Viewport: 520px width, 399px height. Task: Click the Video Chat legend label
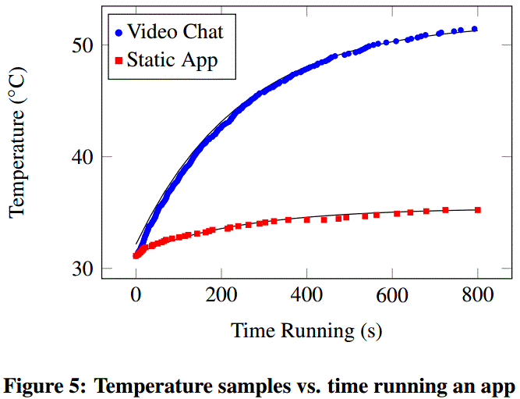pyautogui.click(x=175, y=31)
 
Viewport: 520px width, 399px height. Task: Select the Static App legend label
pyautogui.click(x=182, y=59)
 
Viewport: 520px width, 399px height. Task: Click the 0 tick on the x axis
pyautogui.click(x=136, y=295)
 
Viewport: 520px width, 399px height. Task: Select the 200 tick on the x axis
pyautogui.click(x=221, y=295)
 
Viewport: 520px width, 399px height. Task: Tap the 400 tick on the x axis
pyautogui.click(x=306, y=295)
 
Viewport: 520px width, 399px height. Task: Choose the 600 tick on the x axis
pyautogui.click(x=392, y=295)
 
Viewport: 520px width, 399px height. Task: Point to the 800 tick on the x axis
pyautogui.click(x=477, y=295)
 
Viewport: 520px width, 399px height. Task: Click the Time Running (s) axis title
pyautogui.click(x=306, y=330)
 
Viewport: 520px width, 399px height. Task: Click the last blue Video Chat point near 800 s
pyautogui.click(x=475, y=29)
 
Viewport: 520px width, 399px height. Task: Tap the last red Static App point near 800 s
pyautogui.click(x=477, y=210)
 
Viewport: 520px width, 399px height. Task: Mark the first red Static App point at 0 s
pyautogui.click(x=136, y=255)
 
